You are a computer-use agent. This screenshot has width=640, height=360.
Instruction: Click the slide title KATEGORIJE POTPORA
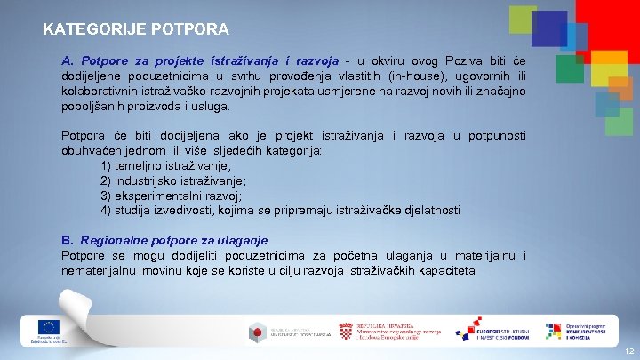135,28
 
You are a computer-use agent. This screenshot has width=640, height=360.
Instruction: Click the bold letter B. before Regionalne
68,240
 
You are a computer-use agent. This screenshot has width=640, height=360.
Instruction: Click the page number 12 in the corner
628,351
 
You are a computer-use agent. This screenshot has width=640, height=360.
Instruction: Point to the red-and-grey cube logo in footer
257,332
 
